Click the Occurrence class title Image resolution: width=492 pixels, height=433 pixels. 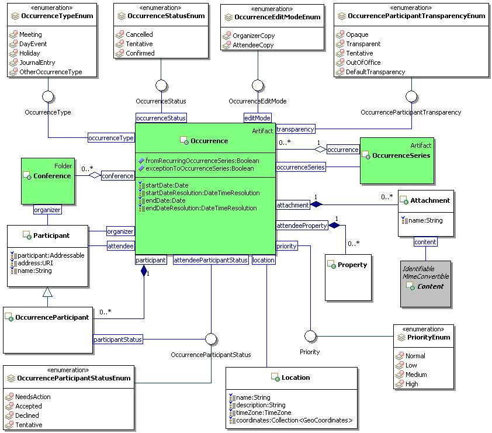pyautogui.click(x=209, y=141)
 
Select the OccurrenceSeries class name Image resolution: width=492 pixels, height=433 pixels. pyautogui.click(x=401, y=155)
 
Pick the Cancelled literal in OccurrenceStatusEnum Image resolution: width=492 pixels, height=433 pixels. pyautogui.click(x=139, y=34)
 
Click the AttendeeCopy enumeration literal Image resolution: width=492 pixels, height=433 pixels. pyautogui.click(x=253, y=45)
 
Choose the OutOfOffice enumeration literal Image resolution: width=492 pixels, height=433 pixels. pyautogui.click(x=363, y=63)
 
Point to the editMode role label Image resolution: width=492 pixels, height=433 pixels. pyautogui.click(x=258, y=118)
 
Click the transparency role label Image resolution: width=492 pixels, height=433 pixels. pyautogui.click(x=295, y=129)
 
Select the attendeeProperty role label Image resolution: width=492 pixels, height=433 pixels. pyautogui.click(x=302, y=226)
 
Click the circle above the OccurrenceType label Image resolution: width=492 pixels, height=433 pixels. pyautogui.click(x=48, y=95)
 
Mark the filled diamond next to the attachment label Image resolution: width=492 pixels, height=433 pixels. pyautogui.click(x=316, y=205)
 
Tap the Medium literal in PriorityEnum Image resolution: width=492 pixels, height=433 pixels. pyautogui.click(x=416, y=375)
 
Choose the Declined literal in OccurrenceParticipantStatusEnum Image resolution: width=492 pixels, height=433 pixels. pyautogui.click(x=27, y=415)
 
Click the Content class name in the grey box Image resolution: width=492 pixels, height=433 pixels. pyautogui.click(x=430, y=286)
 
